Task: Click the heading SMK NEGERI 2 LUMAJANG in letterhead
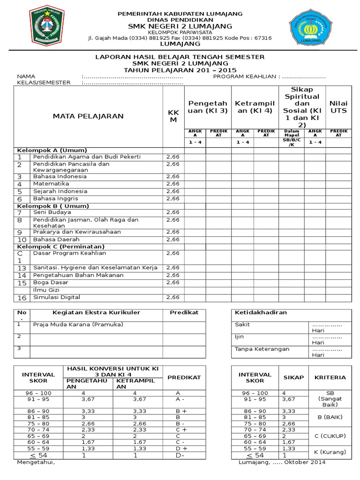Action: (x=180, y=26)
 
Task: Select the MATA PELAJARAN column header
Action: (x=88, y=116)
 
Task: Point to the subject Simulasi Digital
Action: (x=57, y=297)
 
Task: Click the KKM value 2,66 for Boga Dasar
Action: (x=172, y=283)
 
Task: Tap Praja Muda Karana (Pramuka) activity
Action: (x=78, y=324)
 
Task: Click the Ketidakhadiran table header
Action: (x=261, y=312)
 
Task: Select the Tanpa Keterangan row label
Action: (x=262, y=349)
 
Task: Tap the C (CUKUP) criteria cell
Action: (x=330, y=436)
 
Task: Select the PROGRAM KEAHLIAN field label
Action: (x=246, y=76)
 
